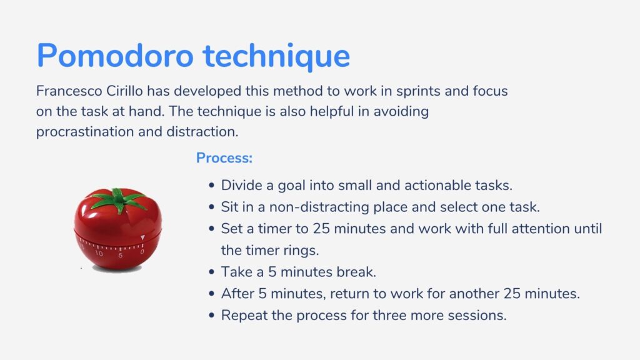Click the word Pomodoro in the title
coord(115,56)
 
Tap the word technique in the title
coord(276,57)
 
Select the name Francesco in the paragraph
coord(69,91)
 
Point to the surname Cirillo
coord(124,91)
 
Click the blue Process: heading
coord(224,158)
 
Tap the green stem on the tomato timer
coord(118,200)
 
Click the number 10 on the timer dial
coord(99,254)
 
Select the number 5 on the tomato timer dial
coord(121,256)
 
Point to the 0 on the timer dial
coord(142,252)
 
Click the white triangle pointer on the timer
coord(142,237)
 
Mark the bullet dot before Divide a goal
coord(211,185)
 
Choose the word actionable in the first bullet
coord(437,185)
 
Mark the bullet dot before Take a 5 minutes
coord(211,272)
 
